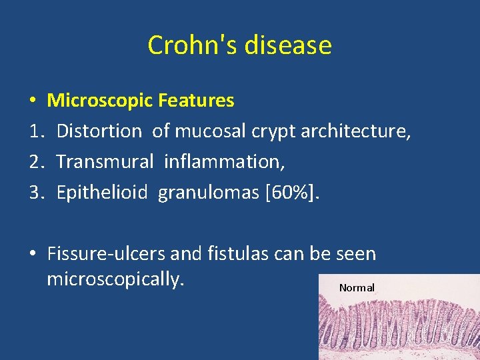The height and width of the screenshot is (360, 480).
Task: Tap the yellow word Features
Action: pos(196,101)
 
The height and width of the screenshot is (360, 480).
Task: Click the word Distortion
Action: pos(99,131)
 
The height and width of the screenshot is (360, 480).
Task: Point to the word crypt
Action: pos(273,131)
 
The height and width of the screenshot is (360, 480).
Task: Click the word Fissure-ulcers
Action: pos(107,254)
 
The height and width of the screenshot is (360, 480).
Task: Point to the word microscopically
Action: pos(115,279)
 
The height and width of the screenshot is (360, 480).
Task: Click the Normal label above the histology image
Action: pos(357,288)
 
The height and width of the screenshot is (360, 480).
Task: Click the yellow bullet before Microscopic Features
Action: pos(32,101)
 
